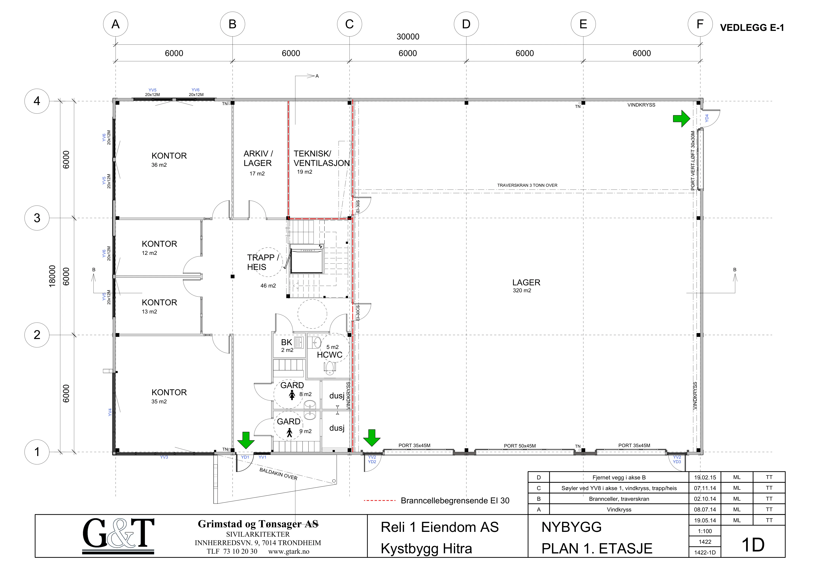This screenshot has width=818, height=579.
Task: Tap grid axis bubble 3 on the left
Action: [x=37, y=218]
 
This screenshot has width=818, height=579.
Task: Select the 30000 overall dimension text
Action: [x=408, y=36]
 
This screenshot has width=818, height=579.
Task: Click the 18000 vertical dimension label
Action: [x=52, y=276]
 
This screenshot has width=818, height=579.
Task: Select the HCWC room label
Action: [x=330, y=355]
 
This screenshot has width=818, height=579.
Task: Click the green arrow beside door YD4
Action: [x=681, y=118]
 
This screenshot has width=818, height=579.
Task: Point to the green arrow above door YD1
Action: [x=246, y=440]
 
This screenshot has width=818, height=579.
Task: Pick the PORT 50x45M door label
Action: [x=520, y=446]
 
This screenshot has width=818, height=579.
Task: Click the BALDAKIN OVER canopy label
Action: [x=278, y=474]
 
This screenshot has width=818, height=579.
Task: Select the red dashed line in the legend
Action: [x=380, y=501]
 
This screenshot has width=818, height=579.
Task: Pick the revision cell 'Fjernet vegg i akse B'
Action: [x=619, y=477]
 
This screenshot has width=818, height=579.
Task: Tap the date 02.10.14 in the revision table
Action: [x=705, y=499]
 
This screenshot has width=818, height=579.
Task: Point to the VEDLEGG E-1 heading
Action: [x=752, y=28]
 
